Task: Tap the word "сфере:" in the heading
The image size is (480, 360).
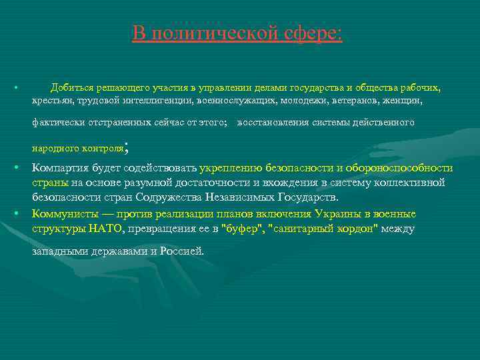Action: pos(311,33)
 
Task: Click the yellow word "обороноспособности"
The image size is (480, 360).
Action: pos(399,168)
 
